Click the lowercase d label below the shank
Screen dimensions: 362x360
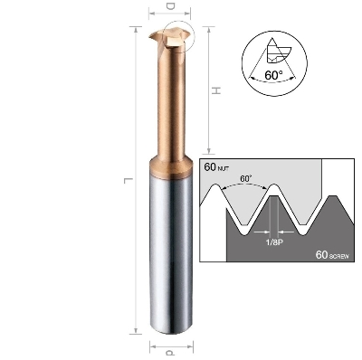(170, 352)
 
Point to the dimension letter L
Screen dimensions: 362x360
(129, 180)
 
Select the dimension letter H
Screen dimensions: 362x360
(216, 90)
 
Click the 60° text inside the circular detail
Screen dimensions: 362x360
(274, 75)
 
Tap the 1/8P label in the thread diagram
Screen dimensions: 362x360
(274, 242)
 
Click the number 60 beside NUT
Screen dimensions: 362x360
(210, 166)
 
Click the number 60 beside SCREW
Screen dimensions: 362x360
(322, 255)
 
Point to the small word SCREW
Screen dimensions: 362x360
(339, 257)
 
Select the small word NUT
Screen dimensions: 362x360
(224, 168)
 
